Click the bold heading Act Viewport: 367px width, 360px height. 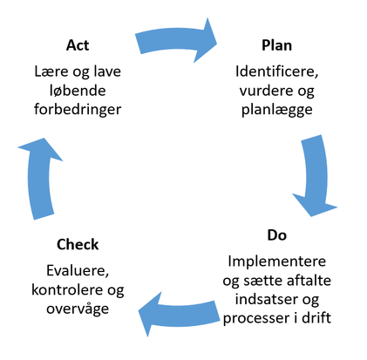[x=78, y=45]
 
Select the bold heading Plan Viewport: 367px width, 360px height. [x=276, y=45]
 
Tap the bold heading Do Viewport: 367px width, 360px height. [x=276, y=235]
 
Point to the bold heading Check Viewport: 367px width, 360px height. [x=78, y=244]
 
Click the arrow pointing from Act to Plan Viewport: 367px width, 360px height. [x=174, y=40]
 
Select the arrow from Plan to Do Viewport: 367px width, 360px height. [x=316, y=174]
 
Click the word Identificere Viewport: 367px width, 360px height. [x=275, y=71]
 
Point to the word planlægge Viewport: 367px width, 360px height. [x=277, y=111]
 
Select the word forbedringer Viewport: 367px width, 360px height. [x=78, y=110]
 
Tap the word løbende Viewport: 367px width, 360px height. [x=78, y=91]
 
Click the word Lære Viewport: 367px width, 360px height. [x=51, y=71]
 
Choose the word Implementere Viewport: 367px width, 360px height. [x=276, y=262]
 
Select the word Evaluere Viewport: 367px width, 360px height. [x=77, y=271]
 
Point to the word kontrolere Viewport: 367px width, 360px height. [x=67, y=289]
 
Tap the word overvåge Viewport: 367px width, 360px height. [x=78, y=309]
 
